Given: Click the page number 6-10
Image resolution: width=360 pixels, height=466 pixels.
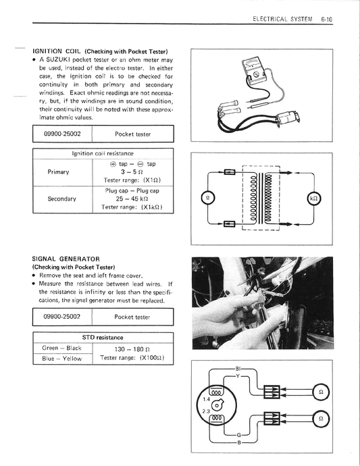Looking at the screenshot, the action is pyautogui.click(x=326, y=20).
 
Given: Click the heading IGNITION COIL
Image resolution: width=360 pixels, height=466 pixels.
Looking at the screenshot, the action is pyautogui.click(x=47, y=51).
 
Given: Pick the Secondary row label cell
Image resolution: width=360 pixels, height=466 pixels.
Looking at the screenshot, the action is pyautogui.click(x=62, y=199).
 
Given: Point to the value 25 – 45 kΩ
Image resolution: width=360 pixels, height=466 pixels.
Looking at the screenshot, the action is pyautogui.click(x=132, y=199).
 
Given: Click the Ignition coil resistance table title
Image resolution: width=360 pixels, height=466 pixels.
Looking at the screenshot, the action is pyautogui.click(x=103, y=153).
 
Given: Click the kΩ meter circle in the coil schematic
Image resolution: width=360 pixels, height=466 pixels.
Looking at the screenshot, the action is pyautogui.click(x=313, y=199).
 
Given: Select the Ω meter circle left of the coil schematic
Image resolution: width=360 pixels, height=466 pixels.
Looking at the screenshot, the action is pyautogui.click(x=208, y=199).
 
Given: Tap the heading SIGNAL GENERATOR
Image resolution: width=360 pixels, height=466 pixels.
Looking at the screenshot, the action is pyautogui.click(x=66, y=259).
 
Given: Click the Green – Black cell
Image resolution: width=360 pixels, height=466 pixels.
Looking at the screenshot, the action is pyautogui.click(x=62, y=348).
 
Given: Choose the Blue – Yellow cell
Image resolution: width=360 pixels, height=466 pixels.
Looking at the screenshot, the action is pyautogui.click(x=62, y=359).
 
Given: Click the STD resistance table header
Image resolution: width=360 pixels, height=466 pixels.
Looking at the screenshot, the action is pyautogui.click(x=103, y=337).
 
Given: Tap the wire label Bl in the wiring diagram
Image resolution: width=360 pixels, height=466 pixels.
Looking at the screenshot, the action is pyautogui.click(x=238, y=369).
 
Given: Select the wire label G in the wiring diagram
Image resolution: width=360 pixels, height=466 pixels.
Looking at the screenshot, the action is pyautogui.click(x=238, y=435).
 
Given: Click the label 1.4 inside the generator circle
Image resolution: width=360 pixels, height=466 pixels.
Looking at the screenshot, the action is pyautogui.click(x=206, y=399).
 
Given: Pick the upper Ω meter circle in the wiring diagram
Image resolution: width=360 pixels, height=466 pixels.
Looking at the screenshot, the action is pyautogui.click(x=321, y=392).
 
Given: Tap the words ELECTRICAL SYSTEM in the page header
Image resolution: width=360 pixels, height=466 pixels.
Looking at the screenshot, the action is pyautogui.click(x=282, y=20).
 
